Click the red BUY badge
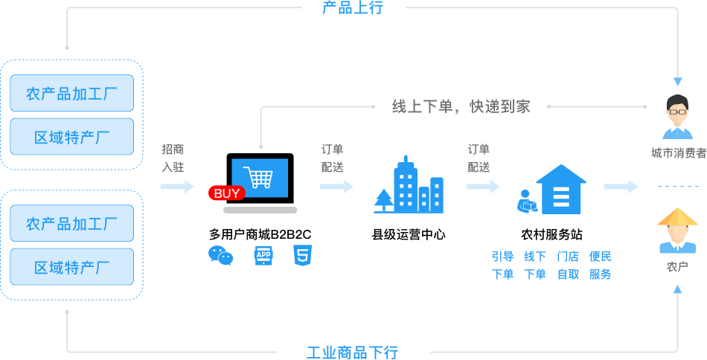(x=227, y=194)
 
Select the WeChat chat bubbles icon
(x=220, y=255)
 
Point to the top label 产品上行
(x=352, y=8)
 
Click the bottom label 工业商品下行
(x=352, y=352)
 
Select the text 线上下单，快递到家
(x=461, y=106)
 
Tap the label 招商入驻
(x=173, y=158)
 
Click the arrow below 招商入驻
(x=176, y=186)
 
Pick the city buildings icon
(x=417, y=186)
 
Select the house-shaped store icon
(x=560, y=190)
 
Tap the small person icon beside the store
(x=527, y=201)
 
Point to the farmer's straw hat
(x=677, y=217)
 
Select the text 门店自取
(x=568, y=265)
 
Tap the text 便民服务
(x=600, y=265)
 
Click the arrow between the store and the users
(x=621, y=186)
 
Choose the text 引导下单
(x=502, y=265)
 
